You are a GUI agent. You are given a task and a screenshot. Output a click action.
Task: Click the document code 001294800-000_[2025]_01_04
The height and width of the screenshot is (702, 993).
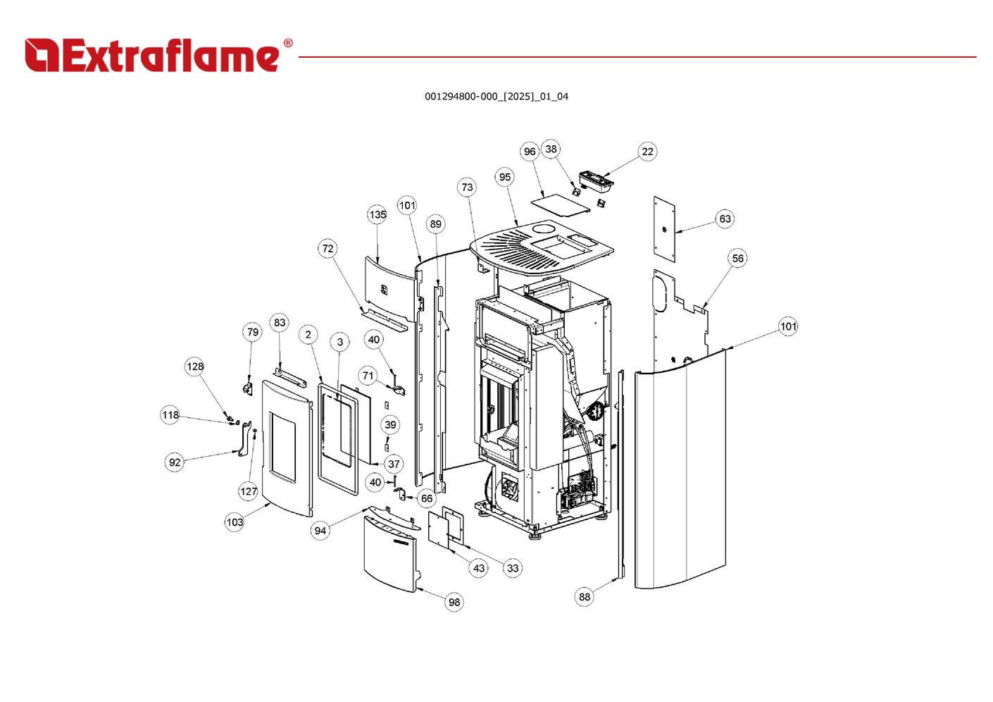(496, 97)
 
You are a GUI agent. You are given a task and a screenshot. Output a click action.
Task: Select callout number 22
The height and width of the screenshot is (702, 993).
(647, 152)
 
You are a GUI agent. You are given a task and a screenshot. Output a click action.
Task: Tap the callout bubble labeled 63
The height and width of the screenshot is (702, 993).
(725, 219)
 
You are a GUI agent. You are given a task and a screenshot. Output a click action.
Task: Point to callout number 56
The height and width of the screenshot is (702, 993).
(737, 259)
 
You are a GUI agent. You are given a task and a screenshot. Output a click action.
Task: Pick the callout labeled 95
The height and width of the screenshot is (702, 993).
(505, 178)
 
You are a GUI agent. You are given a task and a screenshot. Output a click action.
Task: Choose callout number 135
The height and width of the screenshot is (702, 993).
(377, 215)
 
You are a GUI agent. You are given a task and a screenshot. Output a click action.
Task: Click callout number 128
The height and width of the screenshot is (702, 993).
(195, 367)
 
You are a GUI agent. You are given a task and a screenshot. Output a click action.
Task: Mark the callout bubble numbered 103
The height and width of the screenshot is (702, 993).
(235, 522)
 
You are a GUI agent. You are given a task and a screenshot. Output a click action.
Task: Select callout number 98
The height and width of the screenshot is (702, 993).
(454, 602)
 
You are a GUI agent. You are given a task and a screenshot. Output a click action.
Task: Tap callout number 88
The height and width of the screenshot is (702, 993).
(585, 597)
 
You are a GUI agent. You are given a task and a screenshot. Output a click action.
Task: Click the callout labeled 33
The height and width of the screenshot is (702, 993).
(513, 568)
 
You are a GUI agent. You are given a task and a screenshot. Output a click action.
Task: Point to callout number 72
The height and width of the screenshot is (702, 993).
(327, 249)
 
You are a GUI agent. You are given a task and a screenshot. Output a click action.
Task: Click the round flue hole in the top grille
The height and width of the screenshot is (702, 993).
(544, 230)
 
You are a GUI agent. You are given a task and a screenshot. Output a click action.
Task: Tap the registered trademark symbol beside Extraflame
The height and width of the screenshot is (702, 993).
(287, 44)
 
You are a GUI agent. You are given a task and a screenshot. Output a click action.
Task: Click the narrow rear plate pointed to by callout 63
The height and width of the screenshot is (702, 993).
(664, 229)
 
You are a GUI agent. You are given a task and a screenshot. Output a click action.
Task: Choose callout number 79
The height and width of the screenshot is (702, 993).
(252, 333)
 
